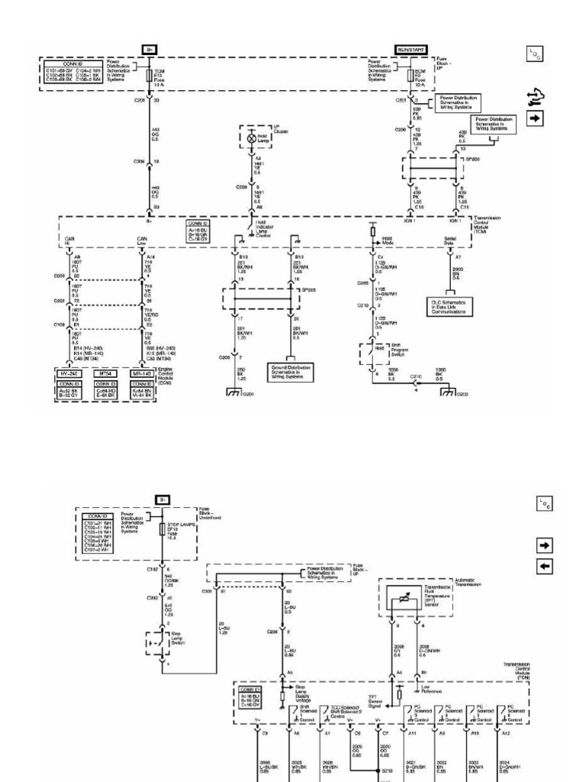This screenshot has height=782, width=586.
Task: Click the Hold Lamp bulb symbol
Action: (x=252, y=139)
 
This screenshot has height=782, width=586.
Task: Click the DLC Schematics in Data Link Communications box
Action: (x=453, y=307)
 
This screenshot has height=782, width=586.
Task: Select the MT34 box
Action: (x=107, y=373)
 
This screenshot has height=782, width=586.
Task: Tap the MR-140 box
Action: (x=141, y=373)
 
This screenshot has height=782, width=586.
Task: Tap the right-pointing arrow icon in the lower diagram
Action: (x=546, y=547)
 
